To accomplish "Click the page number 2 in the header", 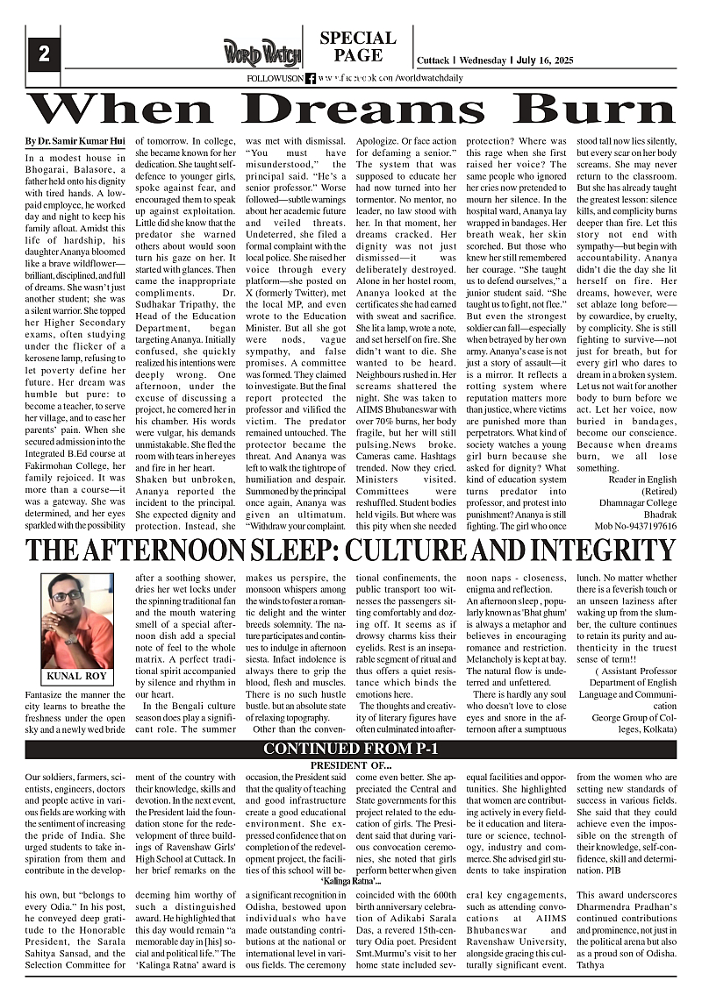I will (43, 53).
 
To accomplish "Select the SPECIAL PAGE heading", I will (357, 46).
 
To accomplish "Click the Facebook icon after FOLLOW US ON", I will (311, 79).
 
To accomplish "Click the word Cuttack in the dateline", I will (433, 60).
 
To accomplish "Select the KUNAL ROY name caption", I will (76, 676).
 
